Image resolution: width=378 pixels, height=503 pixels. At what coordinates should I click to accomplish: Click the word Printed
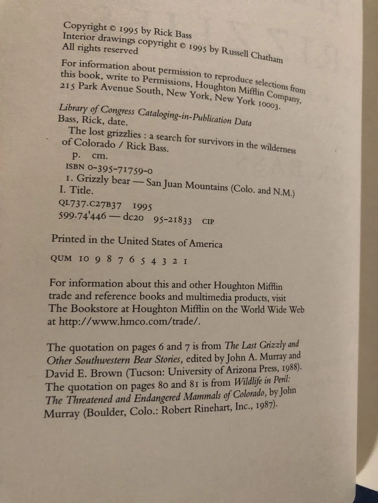point(68,239)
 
